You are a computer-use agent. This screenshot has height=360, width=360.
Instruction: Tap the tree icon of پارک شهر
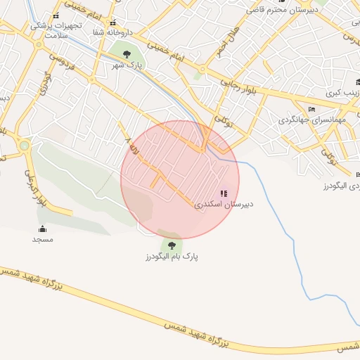click(126, 53)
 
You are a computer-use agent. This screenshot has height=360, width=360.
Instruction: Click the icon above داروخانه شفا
click(112, 22)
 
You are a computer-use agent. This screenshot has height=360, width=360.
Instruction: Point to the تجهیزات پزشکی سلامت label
click(56, 30)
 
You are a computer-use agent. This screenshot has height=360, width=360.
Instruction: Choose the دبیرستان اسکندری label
click(224, 205)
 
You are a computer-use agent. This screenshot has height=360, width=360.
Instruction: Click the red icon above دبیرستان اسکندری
click(224, 193)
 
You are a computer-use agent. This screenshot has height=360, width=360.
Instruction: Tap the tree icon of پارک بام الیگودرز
click(172, 245)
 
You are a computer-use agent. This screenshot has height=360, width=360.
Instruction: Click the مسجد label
click(42, 239)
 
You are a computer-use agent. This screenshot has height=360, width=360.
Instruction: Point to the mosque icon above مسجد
click(42, 228)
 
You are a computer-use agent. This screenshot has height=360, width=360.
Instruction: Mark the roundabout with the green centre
click(25, 146)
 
